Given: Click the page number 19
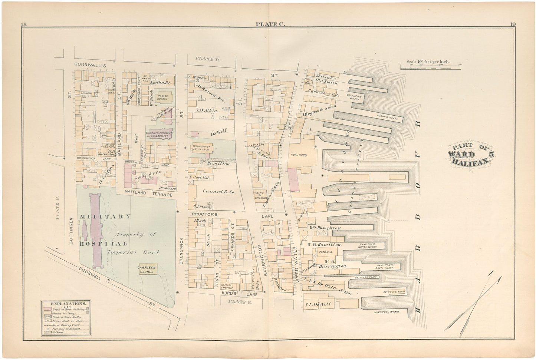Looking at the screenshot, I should point(512,24).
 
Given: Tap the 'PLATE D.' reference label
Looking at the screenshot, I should point(205,58).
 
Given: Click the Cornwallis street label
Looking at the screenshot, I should point(90,65).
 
